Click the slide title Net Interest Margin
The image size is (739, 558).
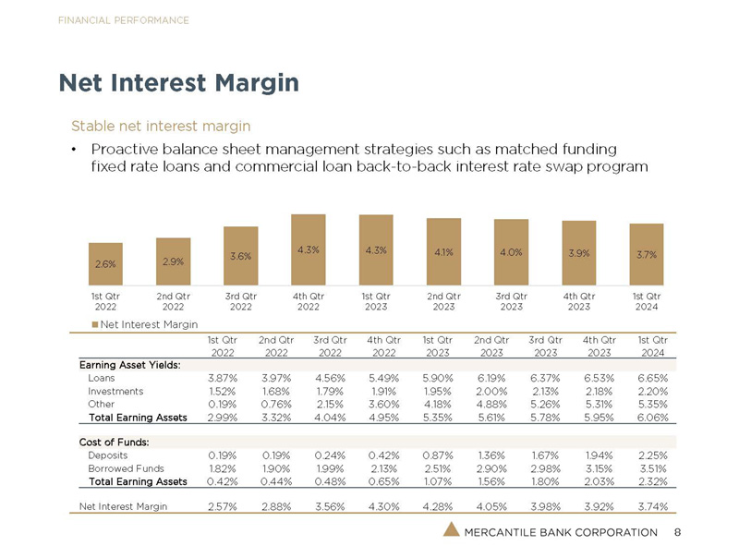coord(179,83)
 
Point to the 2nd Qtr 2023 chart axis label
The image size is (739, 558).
coord(443,301)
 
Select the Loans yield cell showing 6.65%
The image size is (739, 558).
coord(647,378)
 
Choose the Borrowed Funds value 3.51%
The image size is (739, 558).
coord(647,468)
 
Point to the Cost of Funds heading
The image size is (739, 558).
coord(115,442)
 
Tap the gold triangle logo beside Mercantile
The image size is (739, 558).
coord(451,530)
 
